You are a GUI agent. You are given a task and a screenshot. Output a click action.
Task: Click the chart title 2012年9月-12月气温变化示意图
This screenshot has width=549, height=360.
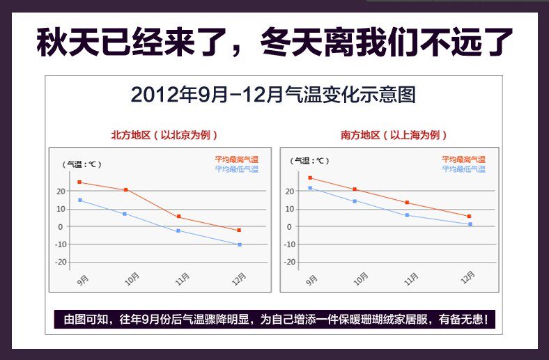click(273, 95)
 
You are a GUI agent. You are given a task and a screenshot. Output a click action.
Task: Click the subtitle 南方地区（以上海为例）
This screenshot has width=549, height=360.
click(394, 135)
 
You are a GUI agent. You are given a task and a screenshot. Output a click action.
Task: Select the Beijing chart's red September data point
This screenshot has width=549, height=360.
click(79, 182)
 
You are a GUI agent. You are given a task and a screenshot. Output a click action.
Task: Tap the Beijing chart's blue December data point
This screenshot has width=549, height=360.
click(240, 244)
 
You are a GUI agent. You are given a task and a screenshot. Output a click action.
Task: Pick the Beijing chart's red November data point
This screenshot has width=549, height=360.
click(179, 217)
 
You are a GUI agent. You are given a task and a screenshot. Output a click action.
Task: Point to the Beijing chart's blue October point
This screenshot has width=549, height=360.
click(125, 214)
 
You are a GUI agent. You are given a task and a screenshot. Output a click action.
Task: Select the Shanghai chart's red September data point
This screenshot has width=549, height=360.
click(310, 178)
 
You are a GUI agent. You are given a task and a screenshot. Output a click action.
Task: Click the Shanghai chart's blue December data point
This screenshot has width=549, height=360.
click(470, 224)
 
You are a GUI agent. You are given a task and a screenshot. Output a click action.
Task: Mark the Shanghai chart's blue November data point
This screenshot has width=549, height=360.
click(408, 215)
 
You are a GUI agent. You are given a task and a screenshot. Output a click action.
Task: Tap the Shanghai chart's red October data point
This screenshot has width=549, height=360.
click(355, 189)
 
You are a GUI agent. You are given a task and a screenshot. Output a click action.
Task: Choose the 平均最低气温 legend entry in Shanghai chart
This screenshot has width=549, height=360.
click(463, 169)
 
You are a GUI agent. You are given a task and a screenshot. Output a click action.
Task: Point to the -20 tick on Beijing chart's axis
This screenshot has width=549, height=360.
click(61, 262)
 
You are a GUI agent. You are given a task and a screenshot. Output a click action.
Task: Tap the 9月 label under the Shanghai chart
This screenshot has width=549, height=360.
click(311, 280)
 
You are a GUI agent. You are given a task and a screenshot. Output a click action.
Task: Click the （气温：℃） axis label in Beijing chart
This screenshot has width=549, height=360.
click(82, 164)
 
